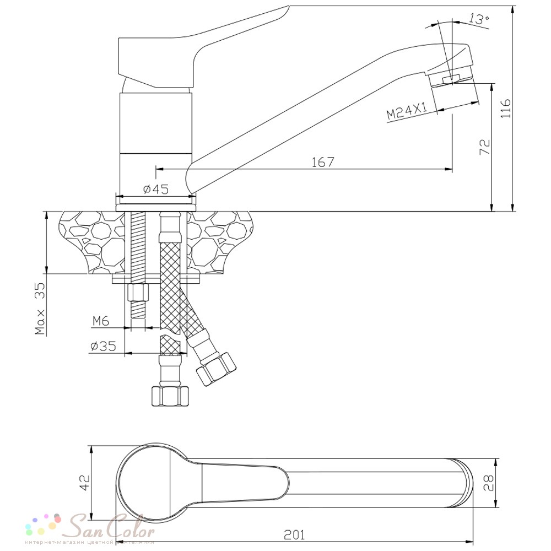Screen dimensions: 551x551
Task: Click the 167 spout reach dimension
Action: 323,162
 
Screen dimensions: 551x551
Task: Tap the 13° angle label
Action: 478,19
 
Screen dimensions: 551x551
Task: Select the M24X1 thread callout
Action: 408,112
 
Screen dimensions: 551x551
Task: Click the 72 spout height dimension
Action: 485,148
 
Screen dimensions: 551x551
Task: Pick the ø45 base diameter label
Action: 155,189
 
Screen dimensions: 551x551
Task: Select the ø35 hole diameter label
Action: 102,346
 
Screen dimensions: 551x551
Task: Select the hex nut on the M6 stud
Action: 138,292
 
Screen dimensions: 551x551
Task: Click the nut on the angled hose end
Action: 216,368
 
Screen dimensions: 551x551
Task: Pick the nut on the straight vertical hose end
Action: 170,396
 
